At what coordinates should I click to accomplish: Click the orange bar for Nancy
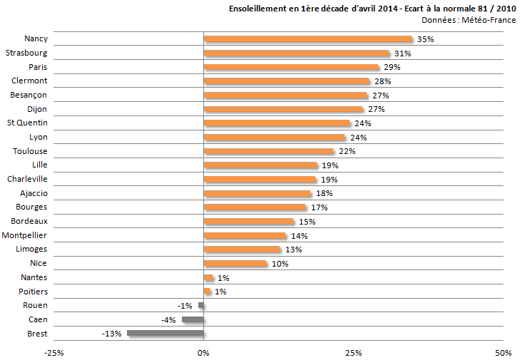point(307,39)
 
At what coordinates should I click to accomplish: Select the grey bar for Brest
point(165,333)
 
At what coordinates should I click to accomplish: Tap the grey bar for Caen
point(193,319)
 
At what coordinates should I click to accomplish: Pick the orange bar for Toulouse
point(268,151)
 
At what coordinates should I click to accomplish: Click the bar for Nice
point(235,263)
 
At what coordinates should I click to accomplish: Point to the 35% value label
point(426,39)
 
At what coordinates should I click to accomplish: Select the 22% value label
point(347,151)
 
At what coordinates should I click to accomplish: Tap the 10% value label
point(280,264)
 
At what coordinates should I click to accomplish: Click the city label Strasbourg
point(26,53)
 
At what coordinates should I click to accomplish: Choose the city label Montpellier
point(25,235)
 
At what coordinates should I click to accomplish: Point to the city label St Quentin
point(27,123)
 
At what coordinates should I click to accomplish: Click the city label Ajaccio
point(33,193)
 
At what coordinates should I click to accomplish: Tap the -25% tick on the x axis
point(53,353)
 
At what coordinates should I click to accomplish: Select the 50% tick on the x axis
point(503,353)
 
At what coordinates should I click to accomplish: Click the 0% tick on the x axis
point(204,353)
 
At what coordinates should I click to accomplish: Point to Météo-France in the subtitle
point(488,20)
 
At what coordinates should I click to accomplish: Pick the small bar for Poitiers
point(207,292)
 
